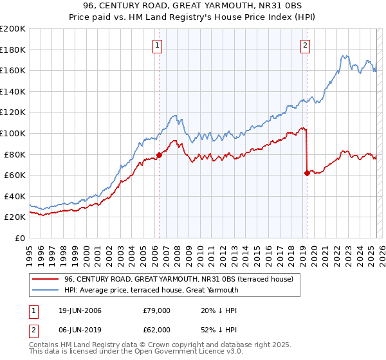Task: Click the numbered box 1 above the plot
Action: pos(158,45)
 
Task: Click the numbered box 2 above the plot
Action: pos(305,45)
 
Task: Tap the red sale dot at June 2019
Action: pos(307,173)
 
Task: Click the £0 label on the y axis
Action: pos(21,238)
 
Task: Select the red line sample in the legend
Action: pos(45,279)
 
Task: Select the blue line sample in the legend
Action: pos(45,290)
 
